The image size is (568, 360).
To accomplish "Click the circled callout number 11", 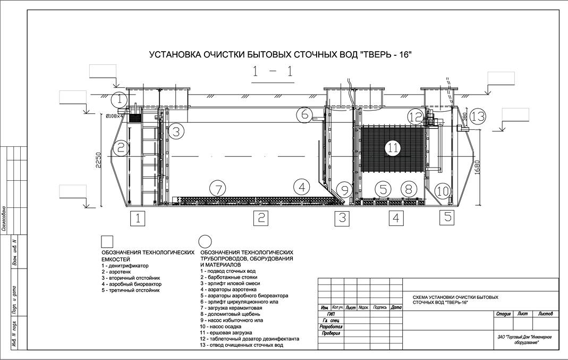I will (x=393, y=148).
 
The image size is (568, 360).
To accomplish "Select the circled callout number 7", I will (x=218, y=188).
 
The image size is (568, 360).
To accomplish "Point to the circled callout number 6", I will (x=304, y=114).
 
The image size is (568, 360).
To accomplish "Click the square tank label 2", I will (x=260, y=217).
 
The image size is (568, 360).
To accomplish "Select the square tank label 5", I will (x=448, y=217).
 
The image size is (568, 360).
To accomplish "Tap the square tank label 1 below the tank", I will (x=138, y=217).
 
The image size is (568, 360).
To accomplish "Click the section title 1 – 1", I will (x=273, y=73).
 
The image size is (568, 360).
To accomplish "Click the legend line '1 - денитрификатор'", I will (x=125, y=265).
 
